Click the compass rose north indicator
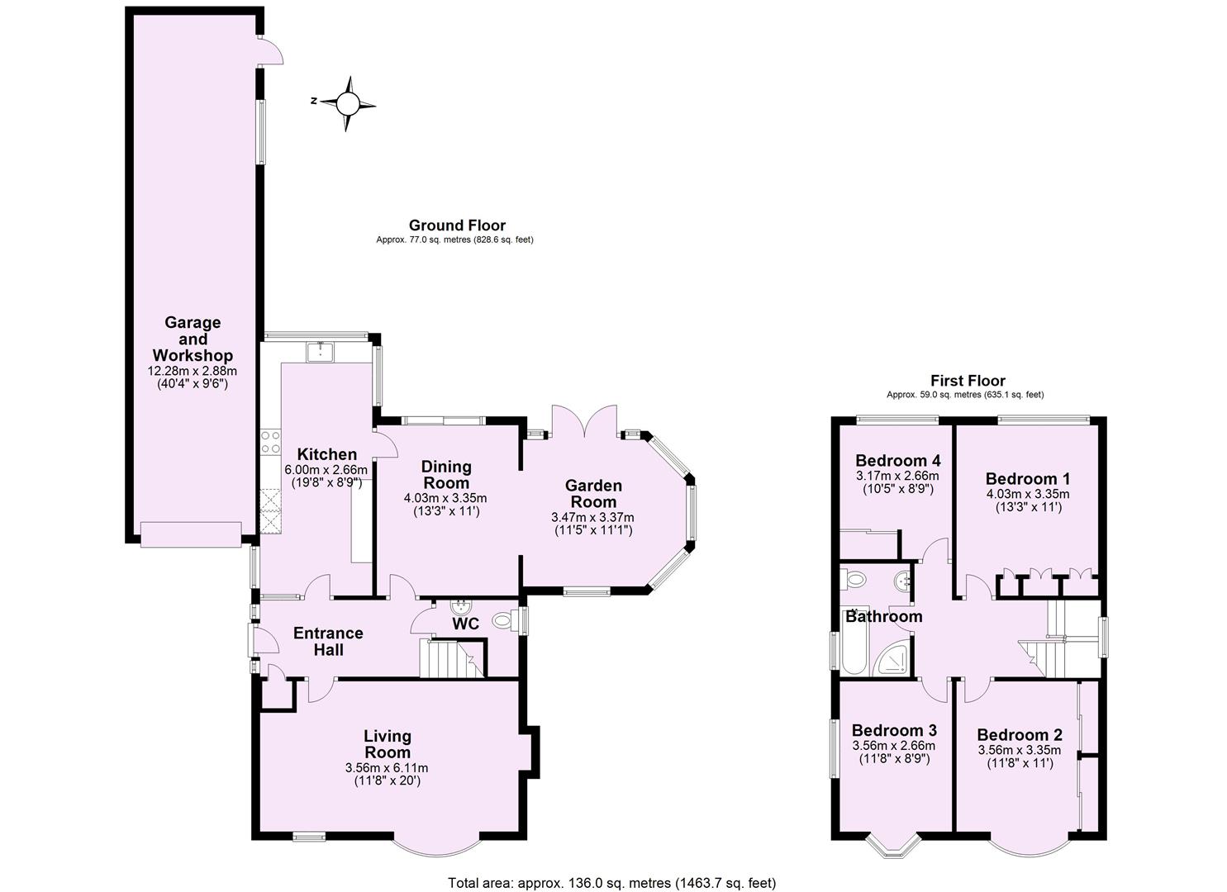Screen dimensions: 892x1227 tap(348, 103)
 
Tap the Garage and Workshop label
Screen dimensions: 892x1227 tap(193, 339)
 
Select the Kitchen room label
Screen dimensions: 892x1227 tap(326, 454)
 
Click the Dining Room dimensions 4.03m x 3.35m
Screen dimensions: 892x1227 tap(445, 498)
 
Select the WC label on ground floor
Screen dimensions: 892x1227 tap(465, 624)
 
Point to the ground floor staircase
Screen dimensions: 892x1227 tap(446, 657)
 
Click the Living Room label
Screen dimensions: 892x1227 tap(388, 744)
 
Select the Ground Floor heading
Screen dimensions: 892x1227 tap(457, 225)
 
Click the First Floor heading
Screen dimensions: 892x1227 tap(968, 381)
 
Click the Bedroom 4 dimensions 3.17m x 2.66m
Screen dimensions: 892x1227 tap(896, 476)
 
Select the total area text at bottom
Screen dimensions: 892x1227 tap(611, 883)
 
